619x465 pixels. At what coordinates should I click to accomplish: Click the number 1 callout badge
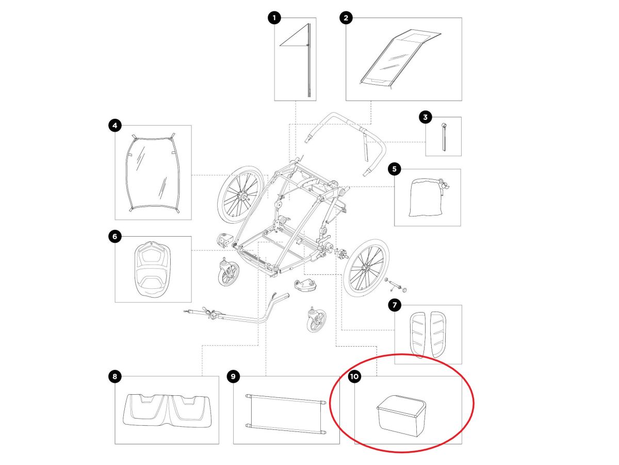click(274, 18)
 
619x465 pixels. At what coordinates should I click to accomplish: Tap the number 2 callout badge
click(346, 18)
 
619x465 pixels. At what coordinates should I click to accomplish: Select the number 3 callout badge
click(426, 117)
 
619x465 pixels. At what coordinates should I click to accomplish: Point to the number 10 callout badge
click(354, 376)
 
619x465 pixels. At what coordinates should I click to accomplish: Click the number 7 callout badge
click(395, 305)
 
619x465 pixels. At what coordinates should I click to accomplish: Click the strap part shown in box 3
click(444, 136)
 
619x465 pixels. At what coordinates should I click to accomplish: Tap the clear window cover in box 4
click(153, 172)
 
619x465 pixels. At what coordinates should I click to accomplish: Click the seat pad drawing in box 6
click(152, 269)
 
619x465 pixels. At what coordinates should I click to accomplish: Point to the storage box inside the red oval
click(401, 415)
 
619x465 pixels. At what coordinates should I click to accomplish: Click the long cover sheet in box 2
click(400, 58)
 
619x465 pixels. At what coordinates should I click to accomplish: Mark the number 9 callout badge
click(233, 376)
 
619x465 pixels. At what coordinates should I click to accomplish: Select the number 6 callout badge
click(115, 236)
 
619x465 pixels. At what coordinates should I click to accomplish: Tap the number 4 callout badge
click(115, 126)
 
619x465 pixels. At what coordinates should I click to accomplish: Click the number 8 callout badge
click(115, 376)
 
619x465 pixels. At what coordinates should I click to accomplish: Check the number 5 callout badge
click(395, 169)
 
